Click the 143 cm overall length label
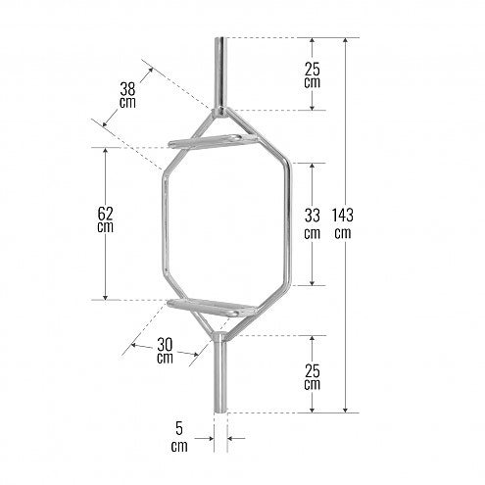coord(342,224)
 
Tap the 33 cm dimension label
coord(312,223)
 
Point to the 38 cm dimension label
coord(127,93)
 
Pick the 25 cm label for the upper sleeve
coord(312,73)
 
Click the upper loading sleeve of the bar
coord(218,73)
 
